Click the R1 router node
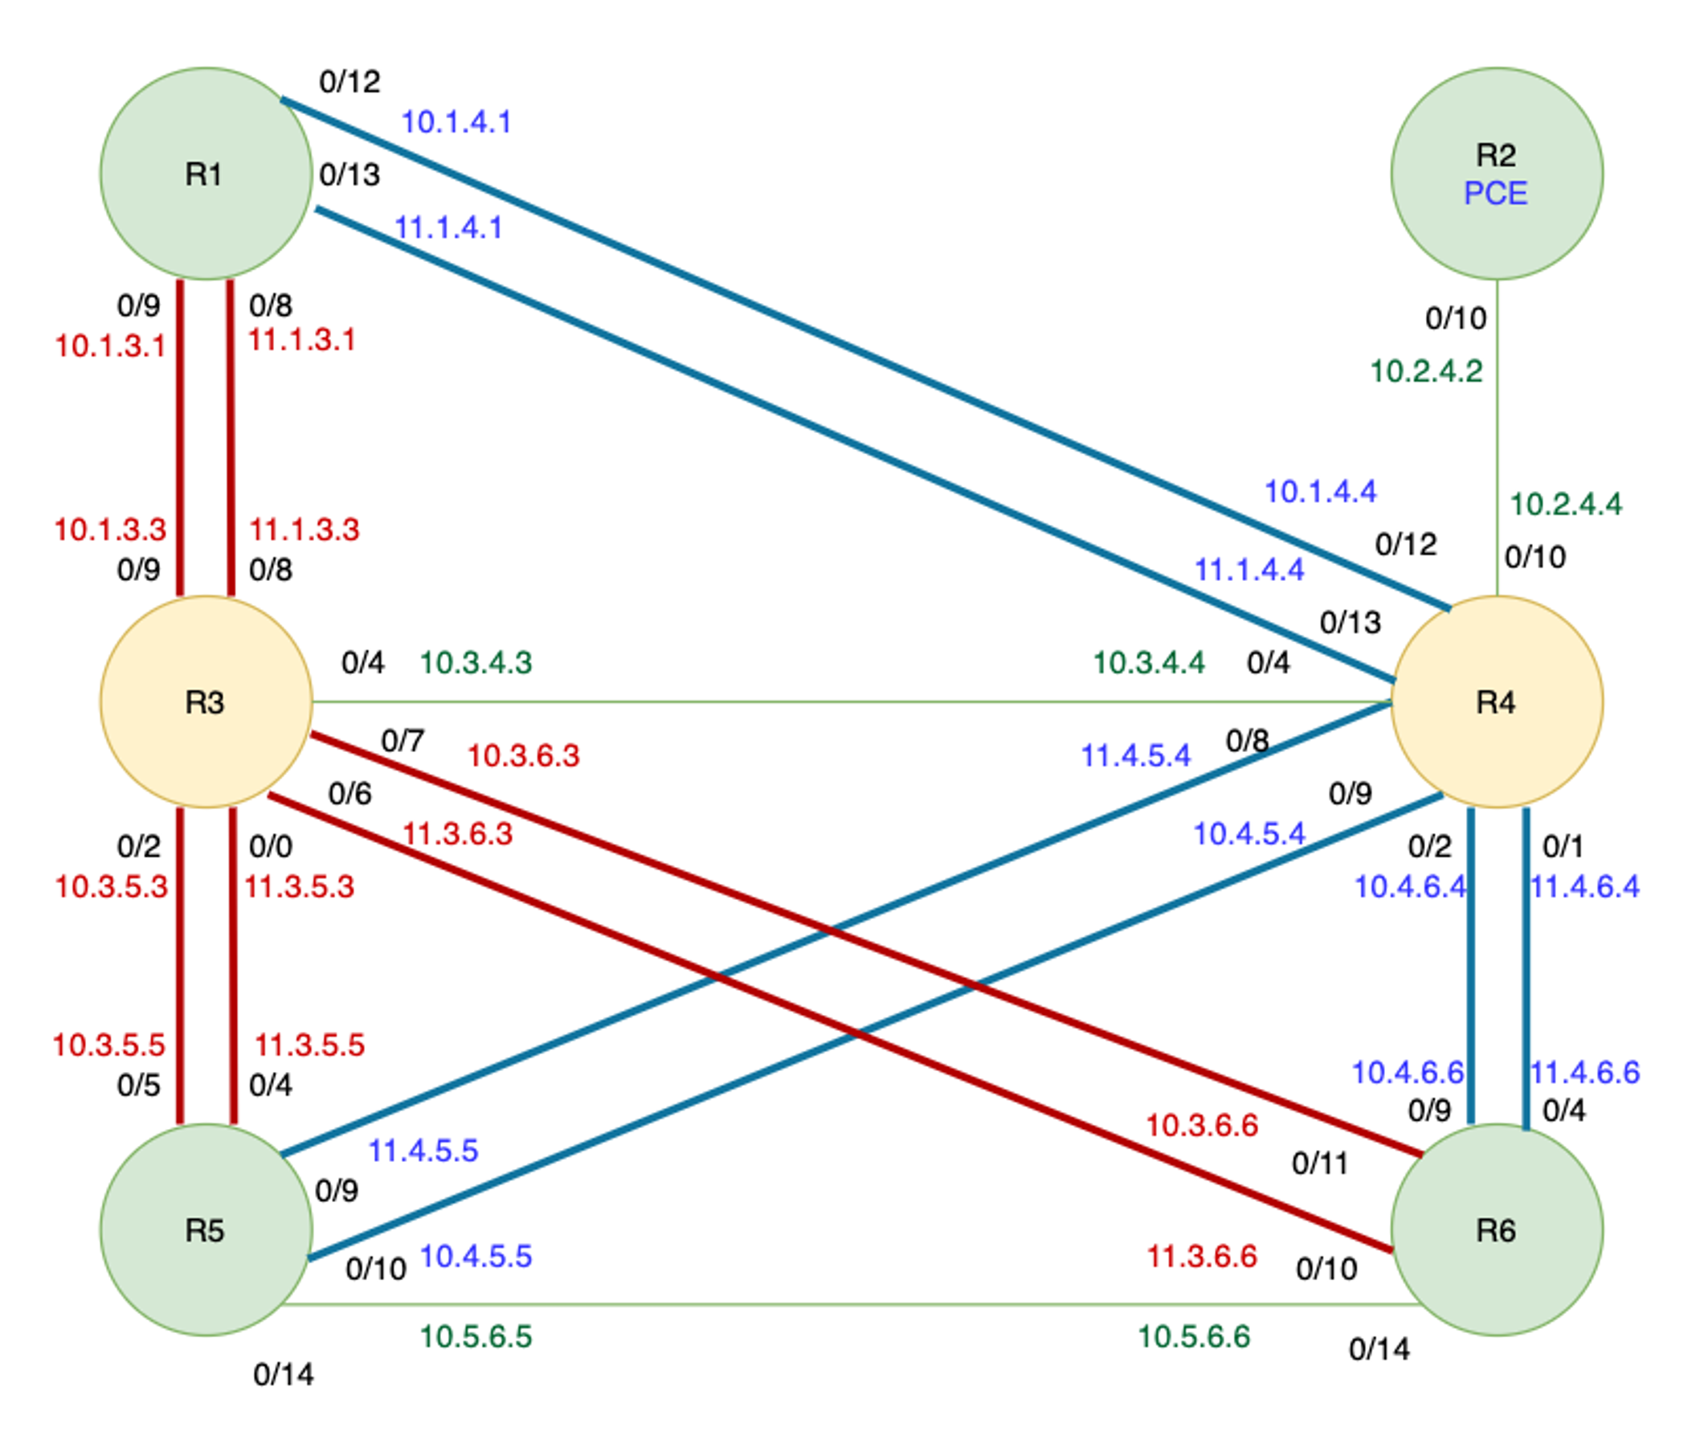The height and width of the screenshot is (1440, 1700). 206,173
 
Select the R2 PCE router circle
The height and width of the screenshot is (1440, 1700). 1495,173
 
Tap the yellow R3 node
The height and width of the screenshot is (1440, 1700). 206,702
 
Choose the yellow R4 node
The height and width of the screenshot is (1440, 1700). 1495,702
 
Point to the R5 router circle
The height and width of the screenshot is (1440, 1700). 206,1229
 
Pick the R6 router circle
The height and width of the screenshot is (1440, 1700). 1495,1229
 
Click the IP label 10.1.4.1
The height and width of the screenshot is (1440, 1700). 456,122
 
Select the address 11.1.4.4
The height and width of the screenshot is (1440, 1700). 1248,570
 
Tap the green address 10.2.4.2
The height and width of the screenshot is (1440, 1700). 1425,371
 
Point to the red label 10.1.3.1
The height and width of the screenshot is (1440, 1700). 110,346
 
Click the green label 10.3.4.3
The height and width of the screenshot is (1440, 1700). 476,663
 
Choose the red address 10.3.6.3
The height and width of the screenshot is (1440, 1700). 523,756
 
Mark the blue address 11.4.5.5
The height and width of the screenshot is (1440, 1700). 423,1151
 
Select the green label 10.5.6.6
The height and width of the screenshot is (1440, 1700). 1193,1337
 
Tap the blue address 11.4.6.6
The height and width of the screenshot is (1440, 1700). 1584,1073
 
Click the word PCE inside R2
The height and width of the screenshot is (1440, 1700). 1495,194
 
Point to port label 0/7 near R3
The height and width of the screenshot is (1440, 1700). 403,741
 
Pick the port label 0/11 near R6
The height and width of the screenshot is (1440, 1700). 1319,1164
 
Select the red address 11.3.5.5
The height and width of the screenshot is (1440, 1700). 309,1045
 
